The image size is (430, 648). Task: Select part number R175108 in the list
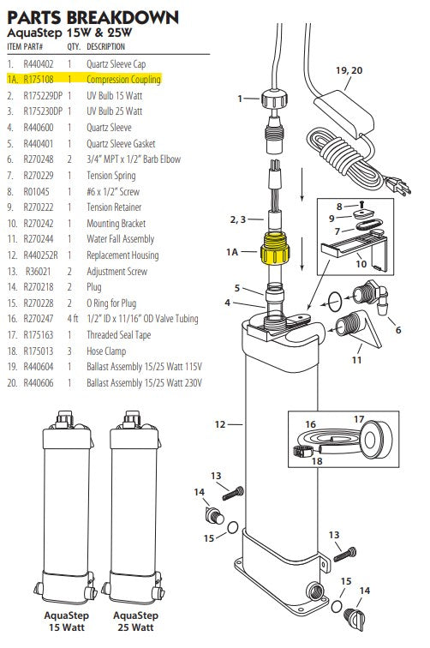tap(39, 79)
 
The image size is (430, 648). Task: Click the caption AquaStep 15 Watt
tap(65, 621)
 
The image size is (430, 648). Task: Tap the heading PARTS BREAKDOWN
tap(93, 16)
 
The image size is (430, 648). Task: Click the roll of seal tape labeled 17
tap(373, 436)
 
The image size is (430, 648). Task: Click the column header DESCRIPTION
tap(105, 46)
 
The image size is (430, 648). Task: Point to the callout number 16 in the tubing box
tap(310, 423)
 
